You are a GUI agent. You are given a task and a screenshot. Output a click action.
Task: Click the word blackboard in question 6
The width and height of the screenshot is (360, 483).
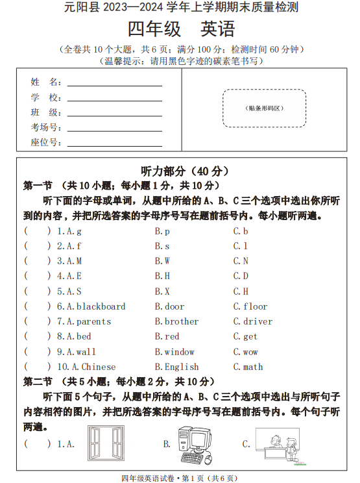(101, 306)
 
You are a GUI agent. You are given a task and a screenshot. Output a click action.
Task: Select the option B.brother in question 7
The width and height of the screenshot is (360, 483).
(176, 321)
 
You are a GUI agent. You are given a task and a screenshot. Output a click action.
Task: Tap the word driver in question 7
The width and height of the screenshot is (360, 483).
(258, 321)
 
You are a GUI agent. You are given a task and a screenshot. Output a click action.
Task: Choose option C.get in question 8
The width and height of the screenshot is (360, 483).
(245, 336)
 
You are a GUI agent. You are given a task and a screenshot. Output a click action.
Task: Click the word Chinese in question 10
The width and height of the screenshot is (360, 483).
(99, 367)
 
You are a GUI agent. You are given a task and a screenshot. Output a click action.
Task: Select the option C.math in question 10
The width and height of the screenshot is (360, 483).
(248, 367)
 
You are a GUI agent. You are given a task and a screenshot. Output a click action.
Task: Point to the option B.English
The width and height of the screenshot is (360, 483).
(176, 367)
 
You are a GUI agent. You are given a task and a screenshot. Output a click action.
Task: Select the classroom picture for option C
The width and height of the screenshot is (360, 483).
(276, 444)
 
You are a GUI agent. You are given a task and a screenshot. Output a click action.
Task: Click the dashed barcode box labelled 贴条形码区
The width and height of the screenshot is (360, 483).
(264, 108)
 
